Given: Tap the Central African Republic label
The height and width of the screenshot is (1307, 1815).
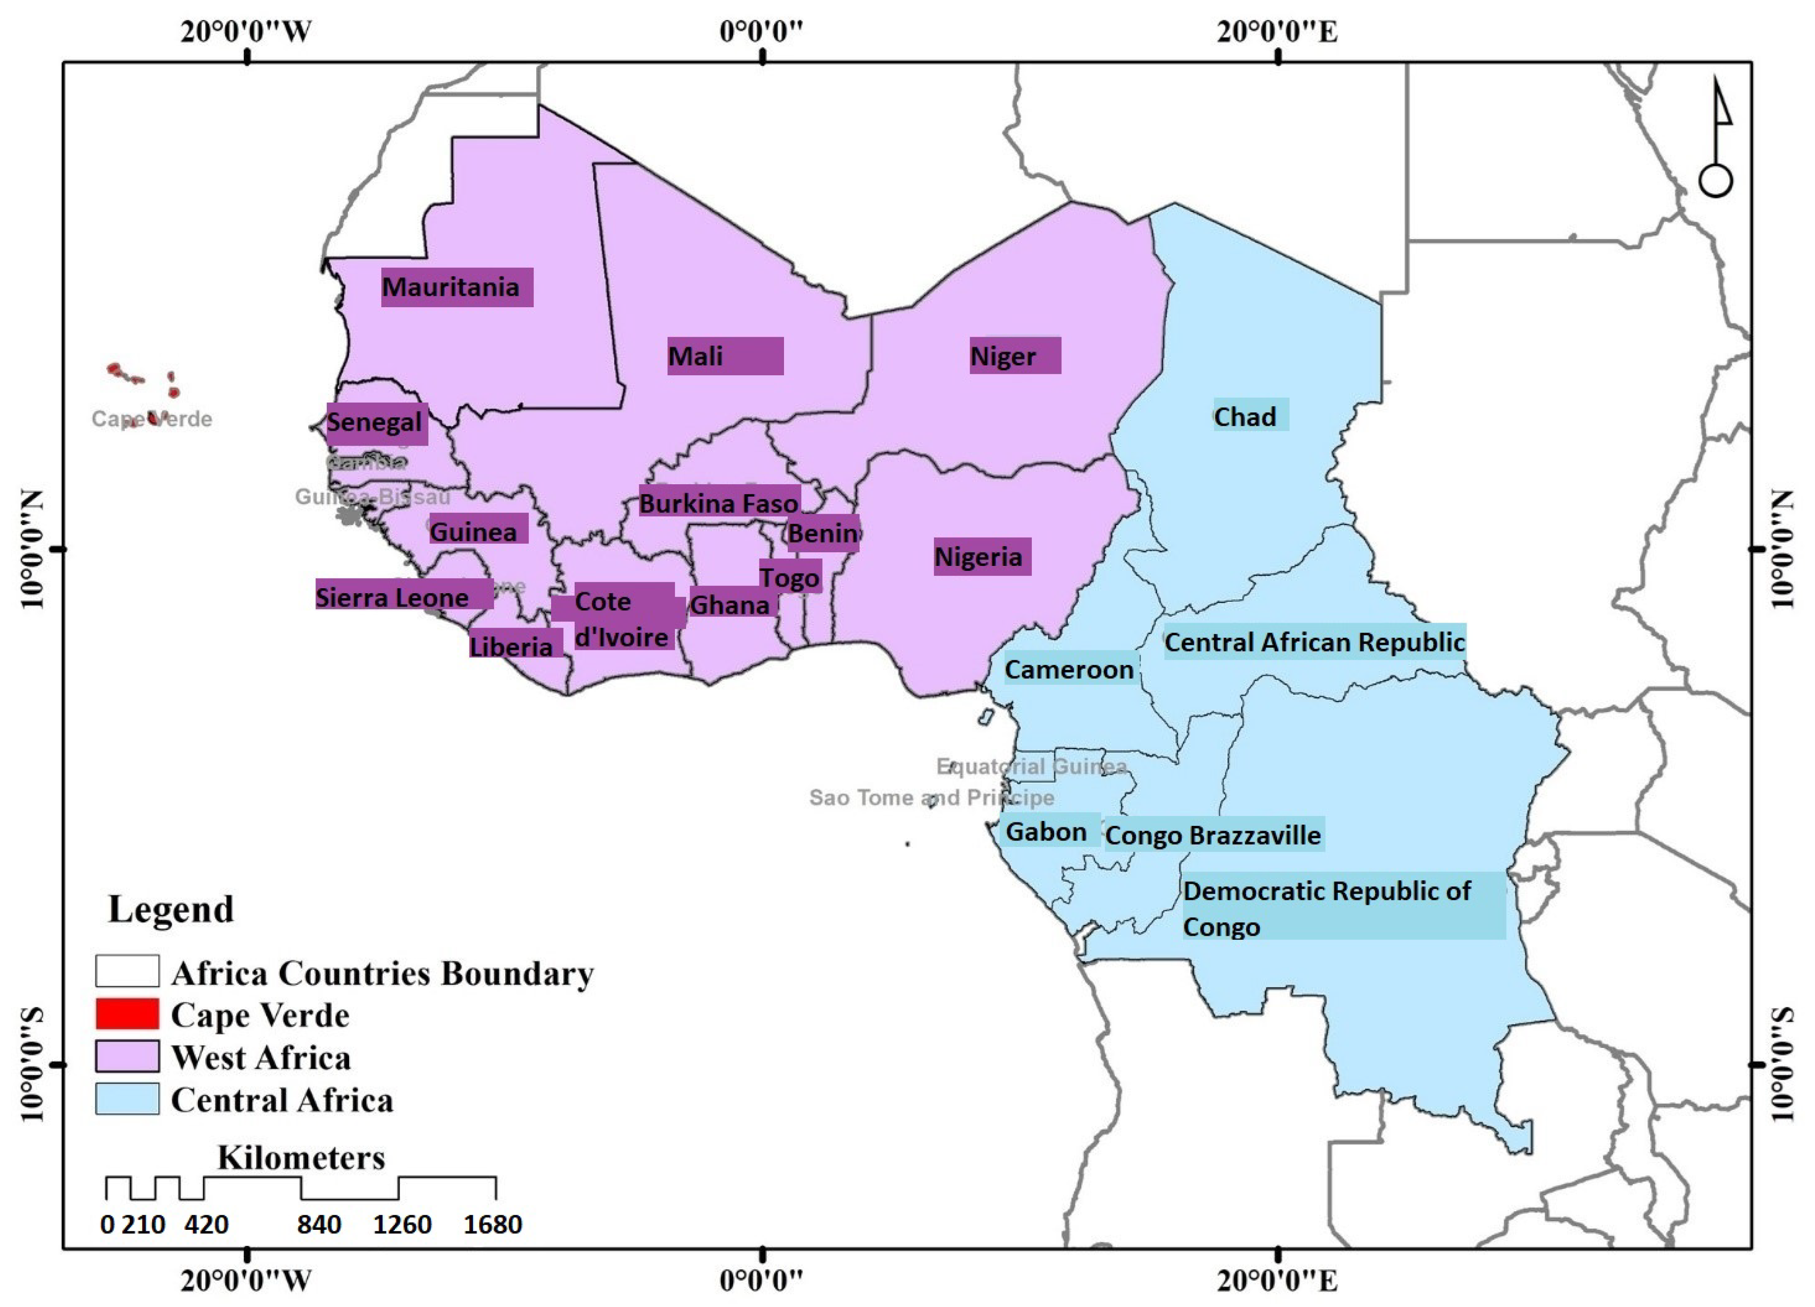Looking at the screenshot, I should [x=1313, y=642].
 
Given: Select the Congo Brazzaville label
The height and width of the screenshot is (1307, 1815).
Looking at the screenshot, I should [x=1213, y=835].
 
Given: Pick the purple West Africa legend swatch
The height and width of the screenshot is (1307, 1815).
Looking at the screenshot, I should [x=127, y=1056].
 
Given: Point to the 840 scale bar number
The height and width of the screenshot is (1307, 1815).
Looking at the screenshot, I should [x=319, y=1224].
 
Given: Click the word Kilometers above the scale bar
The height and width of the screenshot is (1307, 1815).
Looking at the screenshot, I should [x=301, y=1157].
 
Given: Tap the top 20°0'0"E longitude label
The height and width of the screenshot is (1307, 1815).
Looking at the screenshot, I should [x=1277, y=32].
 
